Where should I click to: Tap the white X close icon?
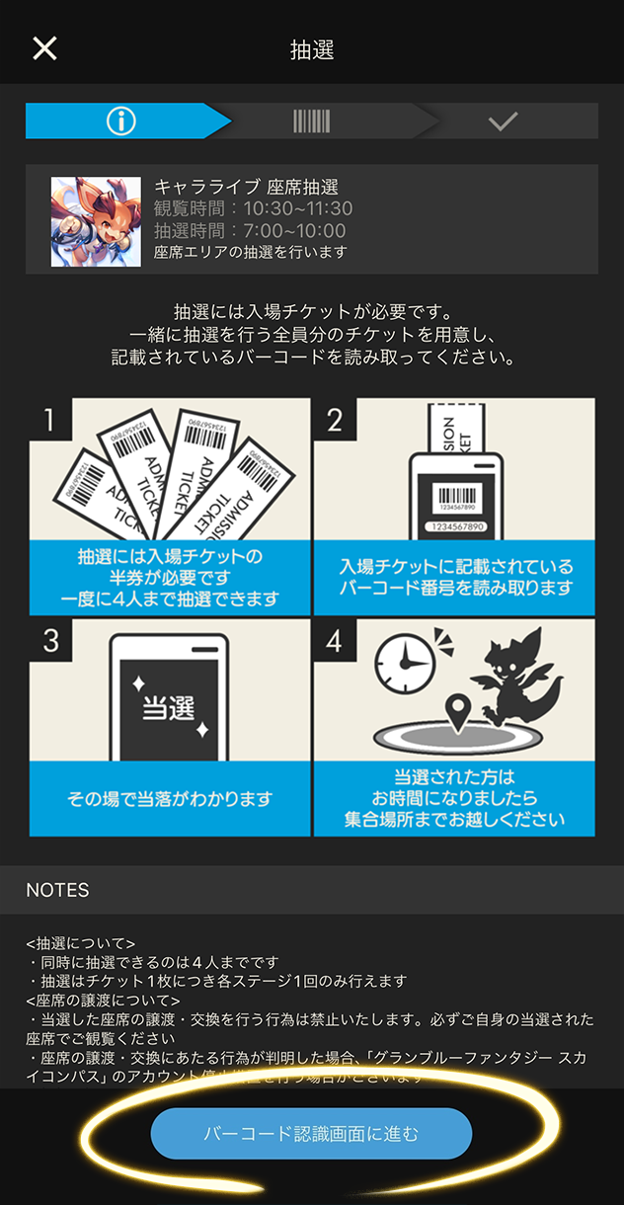(44, 48)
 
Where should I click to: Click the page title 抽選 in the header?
(312, 50)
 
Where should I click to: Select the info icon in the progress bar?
(120, 120)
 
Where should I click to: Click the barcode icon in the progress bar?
(311, 120)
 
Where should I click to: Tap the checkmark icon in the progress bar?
(503, 121)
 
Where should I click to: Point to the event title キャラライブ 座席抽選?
(246, 187)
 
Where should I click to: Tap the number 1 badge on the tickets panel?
(45, 421)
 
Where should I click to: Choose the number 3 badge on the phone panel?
(50, 641)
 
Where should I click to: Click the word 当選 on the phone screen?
(169, 706)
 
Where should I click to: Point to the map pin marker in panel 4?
(456, 709)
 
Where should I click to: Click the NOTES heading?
(57, 890)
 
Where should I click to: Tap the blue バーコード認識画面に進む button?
(311, 1133)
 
